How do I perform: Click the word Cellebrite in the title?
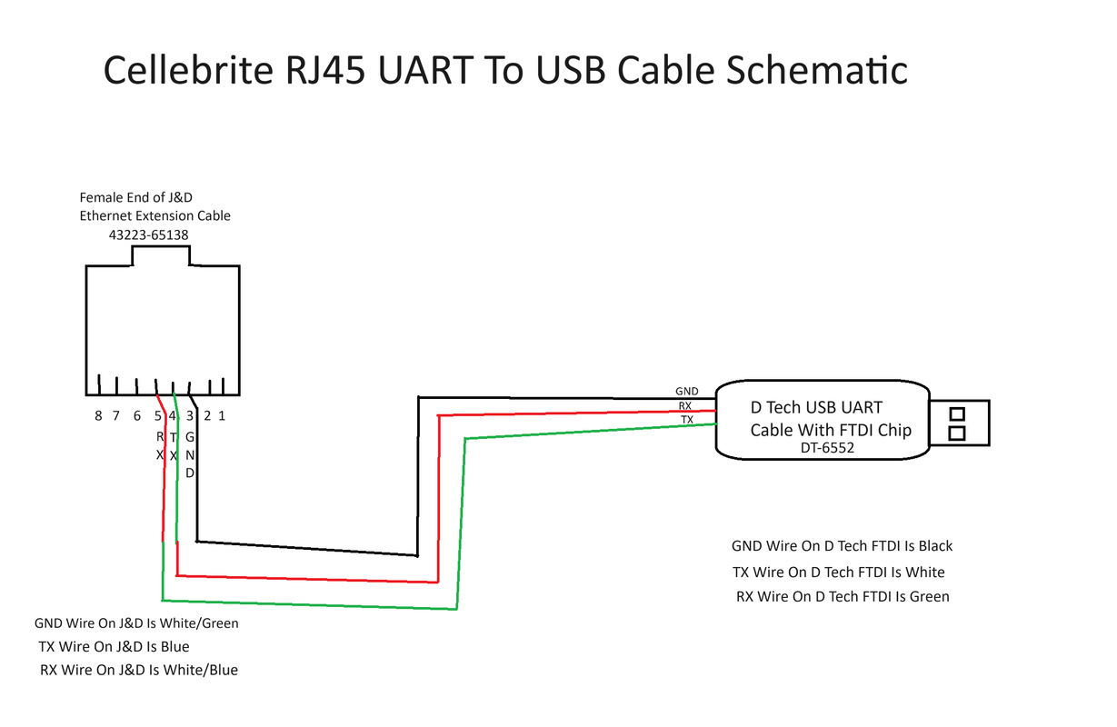[188, 70]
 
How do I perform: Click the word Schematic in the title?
[816, 70]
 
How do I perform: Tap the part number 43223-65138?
[149, 234]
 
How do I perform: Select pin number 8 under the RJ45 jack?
[98, 415]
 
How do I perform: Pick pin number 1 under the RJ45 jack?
[222, 415]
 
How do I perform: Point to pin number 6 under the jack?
[137, 415]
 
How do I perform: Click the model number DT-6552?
[827, 448]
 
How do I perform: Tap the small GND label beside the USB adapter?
[687, 392]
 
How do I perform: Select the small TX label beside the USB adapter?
[687, 420]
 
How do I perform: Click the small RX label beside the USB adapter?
[685, 406]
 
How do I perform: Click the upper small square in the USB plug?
[957, 414]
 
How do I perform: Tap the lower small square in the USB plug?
[956, 433]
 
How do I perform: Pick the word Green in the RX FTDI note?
[930, 596]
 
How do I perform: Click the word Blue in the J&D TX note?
[175, 647]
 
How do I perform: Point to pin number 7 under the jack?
[116, 415]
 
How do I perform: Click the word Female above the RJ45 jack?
[102, 197]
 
